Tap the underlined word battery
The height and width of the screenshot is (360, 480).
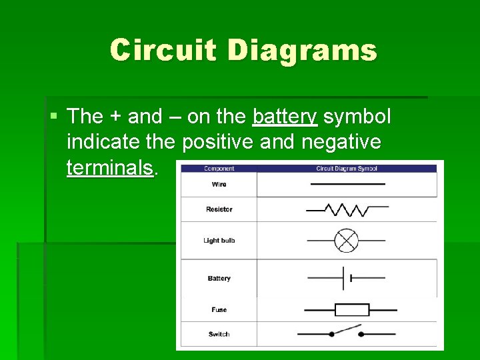285,117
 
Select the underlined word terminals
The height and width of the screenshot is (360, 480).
110,167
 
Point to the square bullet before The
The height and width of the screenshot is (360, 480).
53,117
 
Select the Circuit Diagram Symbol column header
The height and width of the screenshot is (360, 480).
347,169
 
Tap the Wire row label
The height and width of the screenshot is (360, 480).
219,184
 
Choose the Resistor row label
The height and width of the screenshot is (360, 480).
219,209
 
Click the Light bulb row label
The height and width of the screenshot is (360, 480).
219,241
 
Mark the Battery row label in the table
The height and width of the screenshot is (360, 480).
219,279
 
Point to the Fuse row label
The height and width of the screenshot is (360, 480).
219,310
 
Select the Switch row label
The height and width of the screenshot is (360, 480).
219,334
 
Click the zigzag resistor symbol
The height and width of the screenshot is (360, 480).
347,210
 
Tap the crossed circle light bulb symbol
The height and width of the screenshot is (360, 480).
346,241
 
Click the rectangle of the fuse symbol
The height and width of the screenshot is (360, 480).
351,310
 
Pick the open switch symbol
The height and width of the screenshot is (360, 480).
347,331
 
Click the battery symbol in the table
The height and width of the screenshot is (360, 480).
347,278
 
